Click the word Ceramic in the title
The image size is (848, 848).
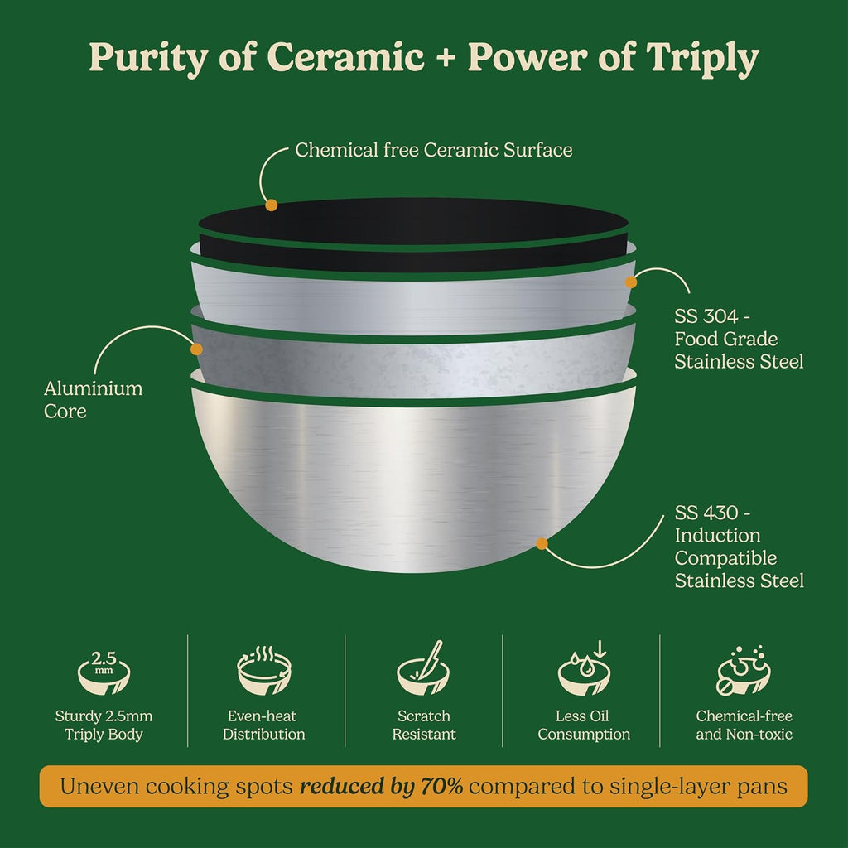coord(345,56)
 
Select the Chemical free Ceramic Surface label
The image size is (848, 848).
coord(433,150)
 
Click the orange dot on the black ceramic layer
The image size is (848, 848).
coord(272,205)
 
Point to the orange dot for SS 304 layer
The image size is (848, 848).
coord(630,282)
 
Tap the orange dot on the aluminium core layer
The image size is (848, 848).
coord(196,349)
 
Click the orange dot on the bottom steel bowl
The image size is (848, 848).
coord(542,543)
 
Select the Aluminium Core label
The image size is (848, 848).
coord(93,400)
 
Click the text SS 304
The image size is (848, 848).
coord(706,316)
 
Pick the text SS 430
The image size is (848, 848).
coord(706,512)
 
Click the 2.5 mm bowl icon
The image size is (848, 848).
coord(104,672)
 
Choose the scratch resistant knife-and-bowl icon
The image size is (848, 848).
coord(423,668)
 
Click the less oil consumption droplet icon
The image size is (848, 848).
coord(584,668)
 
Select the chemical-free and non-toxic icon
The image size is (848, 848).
coord(744,670)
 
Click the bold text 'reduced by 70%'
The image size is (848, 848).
coord(381,787)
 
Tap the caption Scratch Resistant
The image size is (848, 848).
coord(424,725)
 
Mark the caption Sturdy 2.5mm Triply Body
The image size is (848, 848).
coord(104,725)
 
